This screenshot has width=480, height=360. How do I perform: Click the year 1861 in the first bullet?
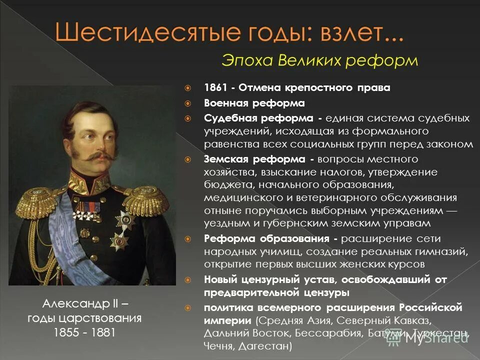tap(215, 88)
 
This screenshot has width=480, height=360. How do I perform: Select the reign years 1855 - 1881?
tap(84, 332)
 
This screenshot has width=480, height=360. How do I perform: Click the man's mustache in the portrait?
tap(95, 156)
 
